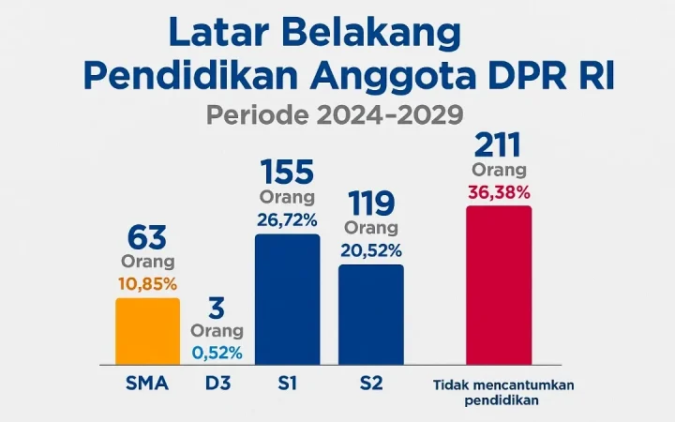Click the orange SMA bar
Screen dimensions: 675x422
tap(148, 331)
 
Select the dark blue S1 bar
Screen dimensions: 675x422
tap(288, 299)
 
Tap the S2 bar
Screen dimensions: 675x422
tap(371, 315)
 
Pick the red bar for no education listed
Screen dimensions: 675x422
tap(499, 285)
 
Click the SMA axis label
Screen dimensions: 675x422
tap(147, 384)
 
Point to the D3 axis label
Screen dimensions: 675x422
tap(217, 384)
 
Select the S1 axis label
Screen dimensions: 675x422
tap(287, 384)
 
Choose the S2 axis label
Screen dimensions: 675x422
tap(371, 384)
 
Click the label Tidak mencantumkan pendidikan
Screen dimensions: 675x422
tap(503, 392)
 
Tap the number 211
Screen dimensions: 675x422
tap(498, 145)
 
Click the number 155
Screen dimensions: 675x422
tap(287, 173)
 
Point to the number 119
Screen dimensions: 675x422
tap(371, 203)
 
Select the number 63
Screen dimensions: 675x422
tap(147, 237)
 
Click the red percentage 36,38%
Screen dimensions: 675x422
tap(499, 193)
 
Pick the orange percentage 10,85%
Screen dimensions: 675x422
tap(148, 284)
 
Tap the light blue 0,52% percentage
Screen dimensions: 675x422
tap(217, 353)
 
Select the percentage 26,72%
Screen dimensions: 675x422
tap(287, 220)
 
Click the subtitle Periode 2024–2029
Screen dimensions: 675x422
tap(335, 114)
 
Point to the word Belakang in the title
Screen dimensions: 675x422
tap(371, 33)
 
